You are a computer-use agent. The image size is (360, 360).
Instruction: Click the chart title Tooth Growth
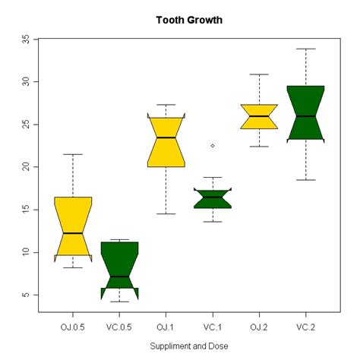[x=189, y=20]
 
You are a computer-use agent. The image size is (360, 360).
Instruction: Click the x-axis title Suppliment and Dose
[x=189, y=345]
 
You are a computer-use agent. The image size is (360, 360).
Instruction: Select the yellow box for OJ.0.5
[x=73, y=220]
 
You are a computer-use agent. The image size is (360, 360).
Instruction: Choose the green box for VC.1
[x=213, y=200]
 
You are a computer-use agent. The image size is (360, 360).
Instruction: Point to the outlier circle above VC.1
[x=213, y=145]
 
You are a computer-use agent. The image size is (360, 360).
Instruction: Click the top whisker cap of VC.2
[x=305, y=49]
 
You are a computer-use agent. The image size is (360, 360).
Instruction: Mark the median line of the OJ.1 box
[x=166, y=137]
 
